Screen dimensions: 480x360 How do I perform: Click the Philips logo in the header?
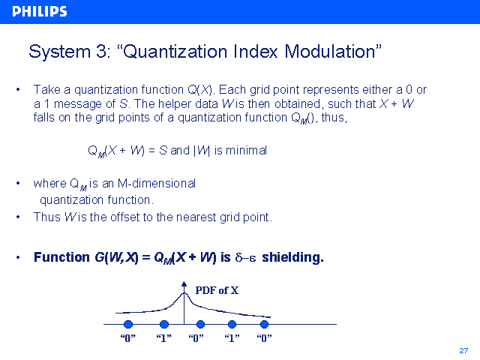(40, 11)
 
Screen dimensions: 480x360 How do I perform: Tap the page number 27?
(463, 350)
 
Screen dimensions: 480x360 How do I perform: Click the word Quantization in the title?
(175, 52)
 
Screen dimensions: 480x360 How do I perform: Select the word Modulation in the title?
(330, 51)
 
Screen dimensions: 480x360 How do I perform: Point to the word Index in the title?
(256, 51)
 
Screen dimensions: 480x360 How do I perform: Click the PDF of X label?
(217, 290)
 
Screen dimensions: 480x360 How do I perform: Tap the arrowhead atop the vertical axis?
(184, 283)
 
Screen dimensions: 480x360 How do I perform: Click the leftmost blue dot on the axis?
(128, 324)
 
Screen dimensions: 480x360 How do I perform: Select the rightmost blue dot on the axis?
(264, 324)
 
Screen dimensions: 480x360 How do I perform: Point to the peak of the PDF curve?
(184, 293)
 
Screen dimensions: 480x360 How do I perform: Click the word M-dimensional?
(157, 183)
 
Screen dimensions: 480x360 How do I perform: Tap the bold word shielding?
(292, 257)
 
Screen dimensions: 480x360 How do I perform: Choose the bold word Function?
(61, 257)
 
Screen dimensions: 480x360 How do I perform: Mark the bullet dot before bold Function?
(18, 257)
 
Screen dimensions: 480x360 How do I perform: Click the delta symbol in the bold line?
(239, 257)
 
